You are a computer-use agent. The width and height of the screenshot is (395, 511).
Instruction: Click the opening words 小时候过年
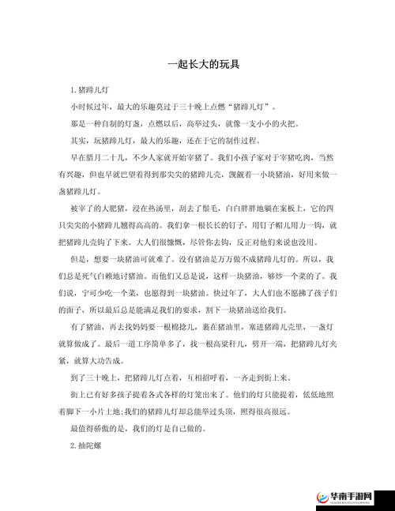pyautogui.click(x=88, y=105)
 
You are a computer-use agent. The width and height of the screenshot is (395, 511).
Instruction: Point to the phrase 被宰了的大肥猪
pyautogui.click(x=96, y=207)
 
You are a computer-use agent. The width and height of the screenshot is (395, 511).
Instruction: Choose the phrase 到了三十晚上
pyautogui.click(x=92, y=377)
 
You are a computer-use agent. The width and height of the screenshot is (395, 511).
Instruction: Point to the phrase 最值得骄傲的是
pyautogui.click(x=96, y=427)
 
